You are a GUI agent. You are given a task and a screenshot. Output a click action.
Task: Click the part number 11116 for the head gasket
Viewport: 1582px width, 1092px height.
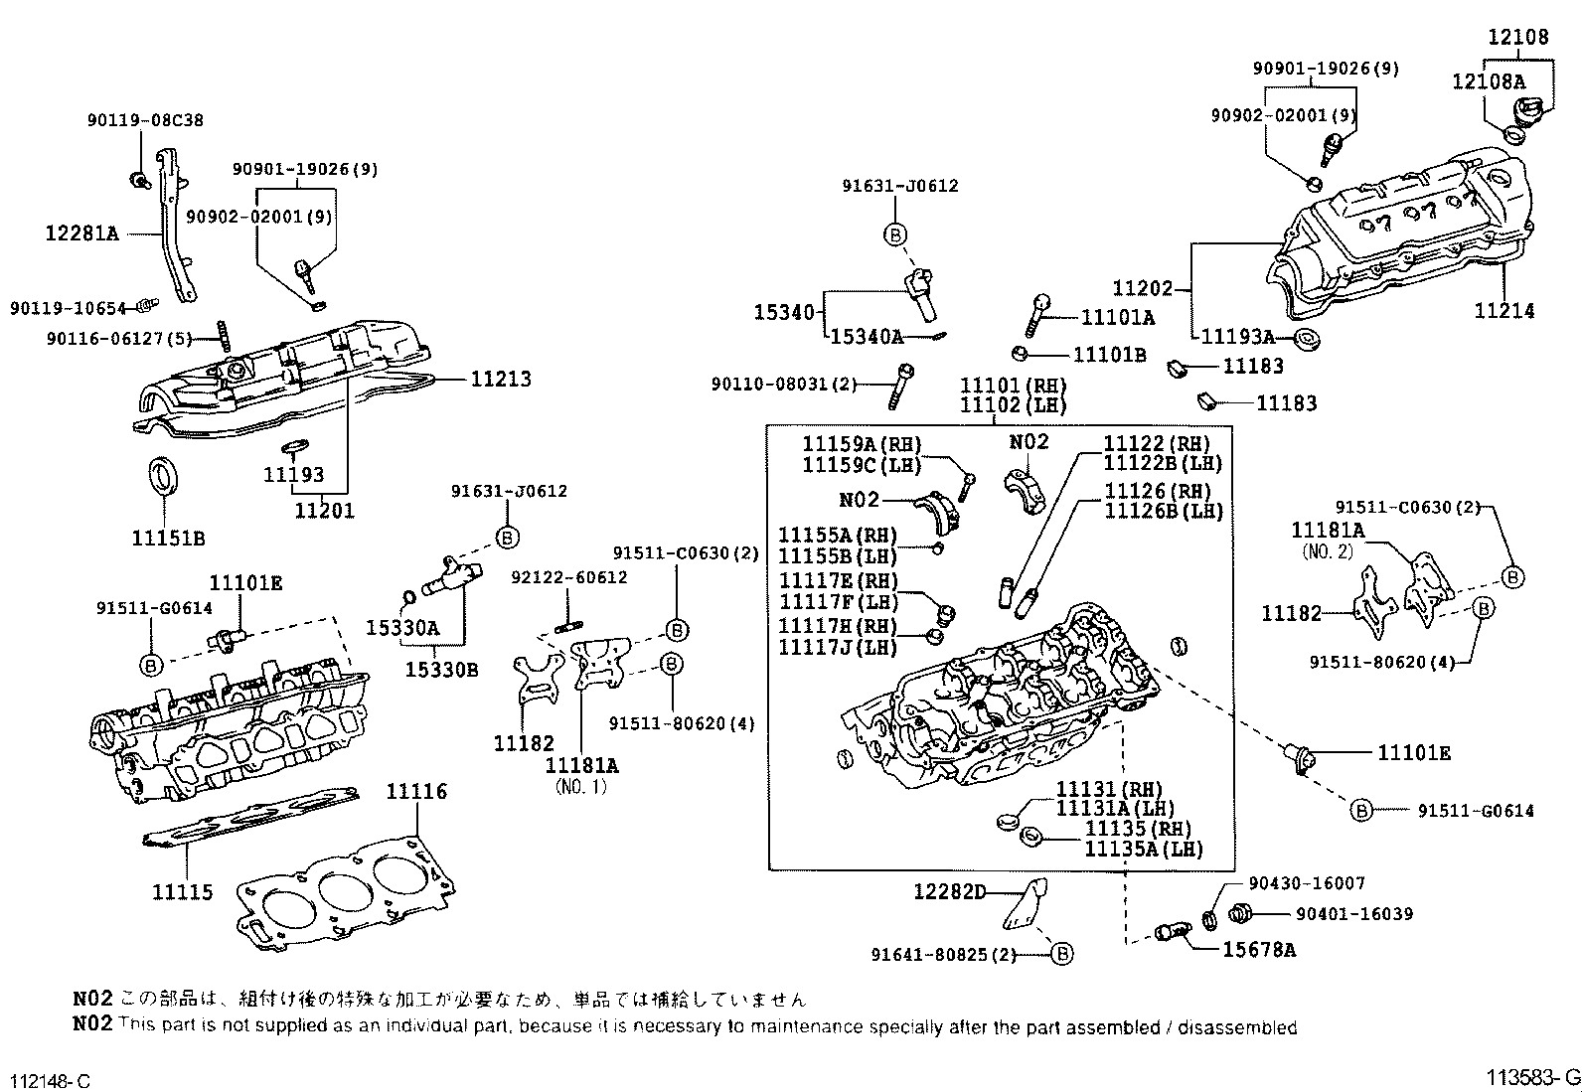pos(416,791)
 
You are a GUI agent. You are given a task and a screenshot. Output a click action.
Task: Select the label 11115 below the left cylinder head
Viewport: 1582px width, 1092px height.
pos(182,891)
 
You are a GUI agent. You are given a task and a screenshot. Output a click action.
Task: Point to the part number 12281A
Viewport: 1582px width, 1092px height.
pos(81,234)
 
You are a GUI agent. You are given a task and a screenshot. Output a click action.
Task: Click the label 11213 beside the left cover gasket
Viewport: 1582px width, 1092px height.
pos(501,379)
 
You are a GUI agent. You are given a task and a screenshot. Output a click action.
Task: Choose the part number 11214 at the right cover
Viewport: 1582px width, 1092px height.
pos(1503,311)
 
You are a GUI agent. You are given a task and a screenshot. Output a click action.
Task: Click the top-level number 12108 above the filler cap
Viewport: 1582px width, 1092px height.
pos(1517,37)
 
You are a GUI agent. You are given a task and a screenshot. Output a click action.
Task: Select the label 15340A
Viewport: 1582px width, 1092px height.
pos(867,337)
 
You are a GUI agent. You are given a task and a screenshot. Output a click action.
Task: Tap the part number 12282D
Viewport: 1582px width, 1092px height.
pos(949,891)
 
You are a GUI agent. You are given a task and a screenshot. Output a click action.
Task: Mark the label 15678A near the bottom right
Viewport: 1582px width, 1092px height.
pos(1258,949)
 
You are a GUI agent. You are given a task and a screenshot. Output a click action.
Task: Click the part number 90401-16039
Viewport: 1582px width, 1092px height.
pos(1354,913)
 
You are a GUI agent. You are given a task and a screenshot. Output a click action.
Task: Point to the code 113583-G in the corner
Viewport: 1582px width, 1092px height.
pos(1532,1077)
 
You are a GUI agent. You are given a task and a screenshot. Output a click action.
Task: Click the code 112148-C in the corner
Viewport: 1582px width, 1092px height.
pos(51,1080)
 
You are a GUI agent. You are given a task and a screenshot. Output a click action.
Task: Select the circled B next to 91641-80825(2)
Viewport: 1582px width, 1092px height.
pos(1061,954)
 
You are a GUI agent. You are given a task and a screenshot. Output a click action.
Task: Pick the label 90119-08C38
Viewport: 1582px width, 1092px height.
pos(145,120)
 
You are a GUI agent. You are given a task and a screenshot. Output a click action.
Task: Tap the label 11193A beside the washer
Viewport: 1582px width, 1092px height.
pos(1237,337)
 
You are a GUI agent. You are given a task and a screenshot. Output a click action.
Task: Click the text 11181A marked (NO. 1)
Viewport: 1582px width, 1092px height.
pos(581,765)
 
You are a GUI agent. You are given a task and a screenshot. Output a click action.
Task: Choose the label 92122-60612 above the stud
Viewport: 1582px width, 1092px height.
pos(568,577)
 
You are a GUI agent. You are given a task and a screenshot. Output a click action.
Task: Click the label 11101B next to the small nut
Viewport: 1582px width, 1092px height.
pos(1109,355)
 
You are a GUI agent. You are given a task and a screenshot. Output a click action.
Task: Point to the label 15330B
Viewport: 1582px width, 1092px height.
pos(441,669)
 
